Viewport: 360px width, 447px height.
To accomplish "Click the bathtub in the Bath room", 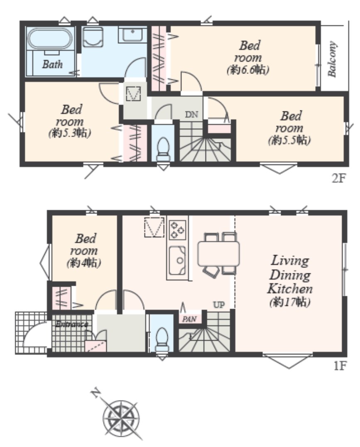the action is click(x=49, y=38).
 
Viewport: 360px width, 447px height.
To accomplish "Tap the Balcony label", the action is click(x=332, y=59).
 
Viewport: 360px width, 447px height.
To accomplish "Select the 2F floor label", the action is click(x=339, y=179).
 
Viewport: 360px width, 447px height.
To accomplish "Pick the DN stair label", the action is click(x=191, y=115).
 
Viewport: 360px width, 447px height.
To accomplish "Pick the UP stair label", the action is click(x=219, y=305).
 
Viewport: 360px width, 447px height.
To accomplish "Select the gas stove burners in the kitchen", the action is click(x=177, y=230).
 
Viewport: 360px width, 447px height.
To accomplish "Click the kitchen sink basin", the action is click(x=177, y=260).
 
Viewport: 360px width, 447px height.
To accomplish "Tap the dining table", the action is click(x=219, y=254).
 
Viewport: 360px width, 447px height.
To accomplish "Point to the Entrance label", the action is click(x=72, y=324).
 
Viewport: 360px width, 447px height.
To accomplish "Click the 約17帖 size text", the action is click(x=289, y=302).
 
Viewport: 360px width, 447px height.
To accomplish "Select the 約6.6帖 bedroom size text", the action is click(x=248, y=69).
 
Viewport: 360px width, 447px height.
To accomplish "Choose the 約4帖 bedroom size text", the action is click(x=84, y=263).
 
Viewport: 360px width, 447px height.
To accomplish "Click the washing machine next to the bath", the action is click(x=93, y=37).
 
